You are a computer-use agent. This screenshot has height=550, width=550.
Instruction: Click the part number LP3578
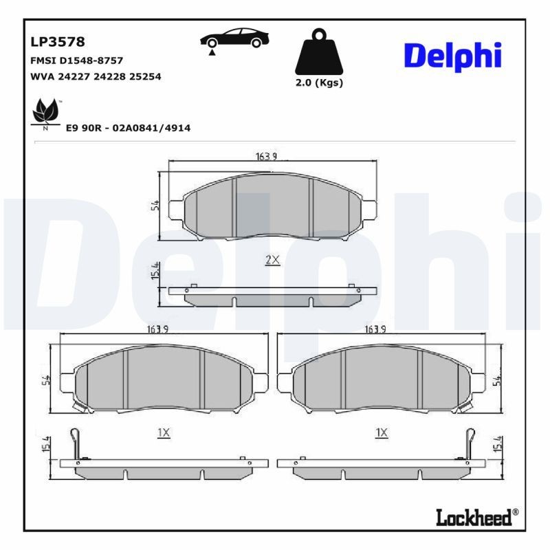[x=58, y=43]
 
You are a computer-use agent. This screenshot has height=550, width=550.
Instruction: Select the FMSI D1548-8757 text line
[x=77, y=60]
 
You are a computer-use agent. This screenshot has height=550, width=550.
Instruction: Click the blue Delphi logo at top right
[x=452, y=56]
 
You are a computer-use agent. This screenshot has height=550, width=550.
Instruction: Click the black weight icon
[x=318, y=52]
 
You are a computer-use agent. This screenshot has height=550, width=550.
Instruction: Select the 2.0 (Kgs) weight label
[x=318, y=82]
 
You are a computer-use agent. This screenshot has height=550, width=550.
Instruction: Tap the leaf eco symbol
[x=46, y=111]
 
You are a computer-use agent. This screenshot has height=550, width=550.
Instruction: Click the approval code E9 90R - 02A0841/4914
[x=128, y=128]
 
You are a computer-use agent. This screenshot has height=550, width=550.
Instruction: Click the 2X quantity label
[x=272, y=259]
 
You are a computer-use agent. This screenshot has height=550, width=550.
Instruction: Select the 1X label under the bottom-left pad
[x=164, y=432]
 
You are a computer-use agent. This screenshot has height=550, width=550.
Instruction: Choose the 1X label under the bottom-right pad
[x=382, y=432]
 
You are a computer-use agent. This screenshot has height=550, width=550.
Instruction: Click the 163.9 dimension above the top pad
[x=266, y=157]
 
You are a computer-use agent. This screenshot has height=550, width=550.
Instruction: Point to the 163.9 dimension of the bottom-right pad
[x=375, y=329]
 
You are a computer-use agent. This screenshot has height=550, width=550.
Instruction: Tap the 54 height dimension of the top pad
[x=155, y=205]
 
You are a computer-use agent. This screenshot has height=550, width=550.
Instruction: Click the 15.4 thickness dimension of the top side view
[x=155, y=270]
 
